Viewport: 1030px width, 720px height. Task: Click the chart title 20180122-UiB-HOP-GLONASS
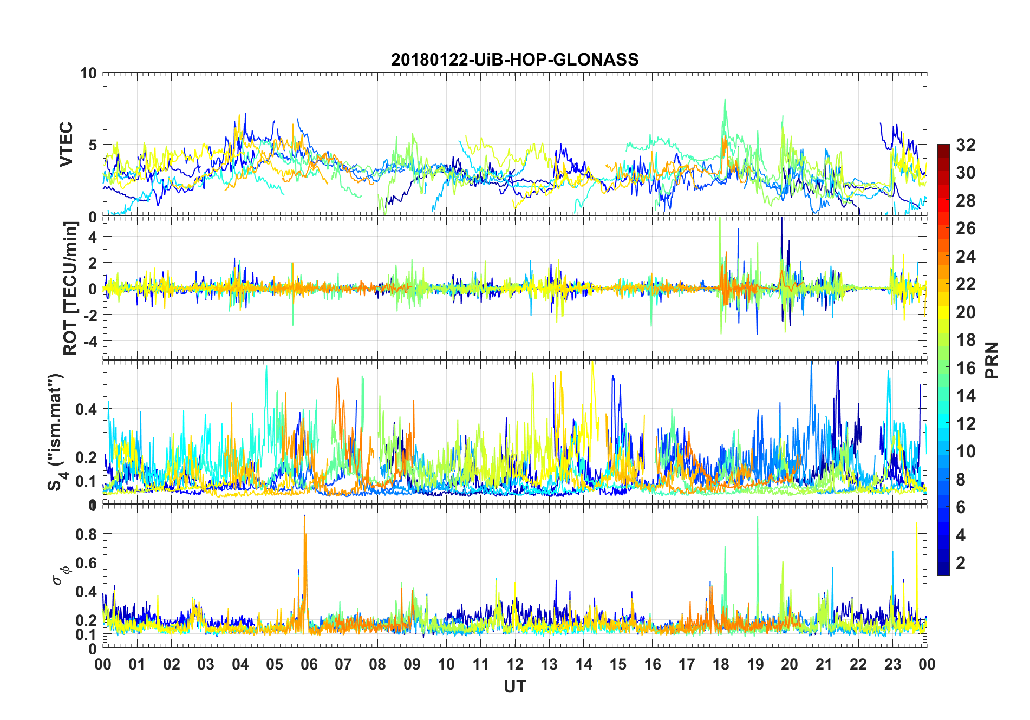pos(514,60)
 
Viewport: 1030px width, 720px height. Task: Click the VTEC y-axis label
pos(66,145)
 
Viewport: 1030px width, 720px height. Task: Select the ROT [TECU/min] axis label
pos(70,288)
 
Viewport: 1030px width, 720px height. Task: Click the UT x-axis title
pos(514,687)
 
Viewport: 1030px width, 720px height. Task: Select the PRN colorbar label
pos(992,360)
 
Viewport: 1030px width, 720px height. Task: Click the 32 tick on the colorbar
pos(966,145)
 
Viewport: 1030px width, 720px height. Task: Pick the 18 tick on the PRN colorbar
pos(966,340)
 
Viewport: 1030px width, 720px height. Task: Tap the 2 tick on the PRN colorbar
pos(961,563)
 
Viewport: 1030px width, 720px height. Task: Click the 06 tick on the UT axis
pos(309,664)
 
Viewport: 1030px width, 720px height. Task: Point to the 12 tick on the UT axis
pos(515,664)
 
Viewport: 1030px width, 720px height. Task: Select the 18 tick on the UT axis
pos(721,664)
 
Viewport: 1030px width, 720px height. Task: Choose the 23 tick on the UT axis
pos(892,664)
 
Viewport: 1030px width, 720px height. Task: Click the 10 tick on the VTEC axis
pos(88,73)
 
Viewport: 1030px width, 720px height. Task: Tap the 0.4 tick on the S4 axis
pos(86,409)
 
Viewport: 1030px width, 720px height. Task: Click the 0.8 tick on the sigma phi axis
pos(87,534)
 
